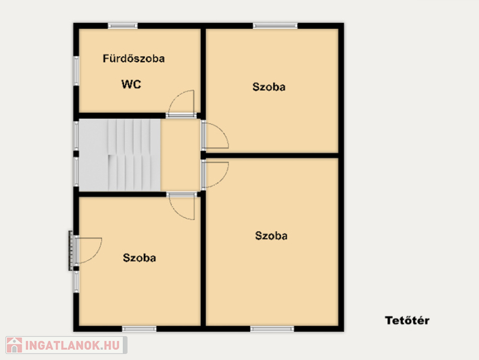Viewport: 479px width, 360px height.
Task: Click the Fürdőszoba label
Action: tap(134, 58)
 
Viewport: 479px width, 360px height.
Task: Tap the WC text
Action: tap(131, 84)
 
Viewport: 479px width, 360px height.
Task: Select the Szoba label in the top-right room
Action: tap(269, 87)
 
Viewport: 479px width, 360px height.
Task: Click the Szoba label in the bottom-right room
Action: tap(271, 235)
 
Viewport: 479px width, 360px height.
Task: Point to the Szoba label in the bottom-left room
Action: tap(140, 258)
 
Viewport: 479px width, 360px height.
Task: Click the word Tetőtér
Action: tap(407, 320)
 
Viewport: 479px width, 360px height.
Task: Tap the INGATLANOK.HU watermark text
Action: tap(72, 346)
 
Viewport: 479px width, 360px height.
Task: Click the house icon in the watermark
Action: tap(14, 345)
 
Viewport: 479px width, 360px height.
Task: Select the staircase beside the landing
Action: tap(119, 155)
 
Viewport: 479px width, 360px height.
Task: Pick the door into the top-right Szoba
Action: tap(215, 136)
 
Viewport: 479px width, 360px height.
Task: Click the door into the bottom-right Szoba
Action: tap(215, 175)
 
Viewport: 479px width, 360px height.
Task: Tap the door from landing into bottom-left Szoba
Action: tap(181, 206)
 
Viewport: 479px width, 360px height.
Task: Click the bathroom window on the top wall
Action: tap(123, 26)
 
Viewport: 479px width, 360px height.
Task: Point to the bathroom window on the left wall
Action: tap(76, 71)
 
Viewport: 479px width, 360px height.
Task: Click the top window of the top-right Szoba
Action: tap(275, 26)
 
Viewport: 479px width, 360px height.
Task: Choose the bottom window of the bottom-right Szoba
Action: tap(272, 329)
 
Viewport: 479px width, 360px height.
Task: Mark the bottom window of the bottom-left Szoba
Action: tap(140, 329)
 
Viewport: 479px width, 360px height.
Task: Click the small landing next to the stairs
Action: tap(181, 155)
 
